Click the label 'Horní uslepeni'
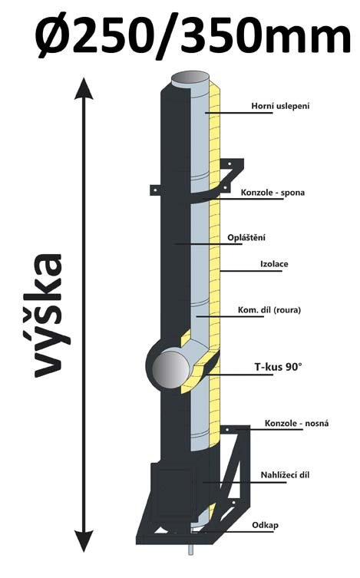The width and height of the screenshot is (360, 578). pos(280,106)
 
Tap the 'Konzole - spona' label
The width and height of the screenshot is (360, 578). pos(272,193)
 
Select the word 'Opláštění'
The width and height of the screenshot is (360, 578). pos(246,238)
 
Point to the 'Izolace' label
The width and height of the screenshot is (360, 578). pos(274,264)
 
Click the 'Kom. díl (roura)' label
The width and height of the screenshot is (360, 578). pos(269,310)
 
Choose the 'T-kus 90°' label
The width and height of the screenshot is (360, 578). pos(278,367)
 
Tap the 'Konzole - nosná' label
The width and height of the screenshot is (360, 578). pos(296,423)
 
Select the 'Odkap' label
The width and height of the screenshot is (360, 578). pos(266,525)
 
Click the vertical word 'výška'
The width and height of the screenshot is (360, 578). pos(48,315)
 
